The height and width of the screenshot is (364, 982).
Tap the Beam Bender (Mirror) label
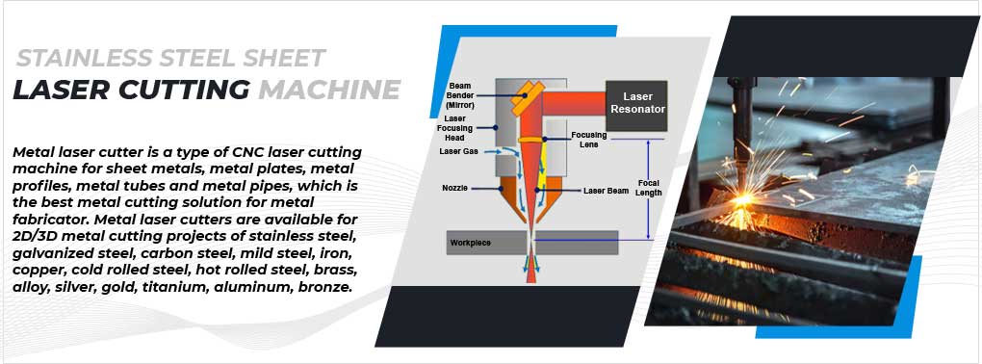point(459,94)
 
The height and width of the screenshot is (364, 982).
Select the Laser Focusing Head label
point(456,128)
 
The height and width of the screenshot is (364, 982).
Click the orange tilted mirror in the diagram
point(527,95)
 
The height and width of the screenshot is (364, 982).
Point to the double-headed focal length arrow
point(650,188)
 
